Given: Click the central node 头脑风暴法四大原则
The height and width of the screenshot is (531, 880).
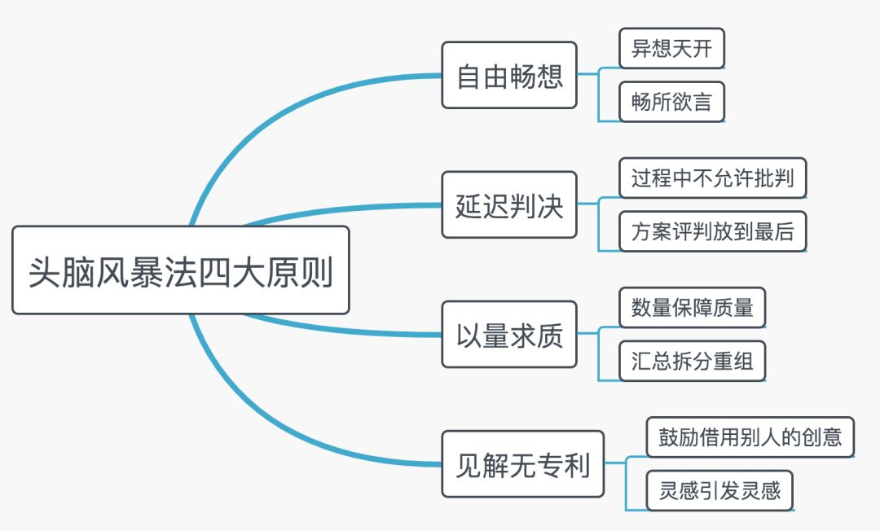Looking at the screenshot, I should click(180, 270).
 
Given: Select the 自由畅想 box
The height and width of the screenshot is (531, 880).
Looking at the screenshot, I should click(509, 76).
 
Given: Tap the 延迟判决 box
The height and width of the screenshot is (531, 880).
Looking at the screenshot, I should click(509, 205).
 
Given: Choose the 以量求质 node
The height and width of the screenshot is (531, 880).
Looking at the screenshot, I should click(509, 335).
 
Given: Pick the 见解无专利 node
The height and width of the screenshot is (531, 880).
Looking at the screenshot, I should click(522, 465).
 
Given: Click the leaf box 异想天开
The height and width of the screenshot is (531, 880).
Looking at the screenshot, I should click(671, 50).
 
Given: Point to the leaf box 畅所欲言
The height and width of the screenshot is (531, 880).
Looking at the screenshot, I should click(671, 102).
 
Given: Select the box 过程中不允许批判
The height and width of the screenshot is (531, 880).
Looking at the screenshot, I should click(712, 178).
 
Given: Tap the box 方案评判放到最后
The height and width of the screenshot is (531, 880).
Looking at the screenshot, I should click(712, 231).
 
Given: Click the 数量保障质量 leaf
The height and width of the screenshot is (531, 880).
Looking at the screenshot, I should click(692, 308).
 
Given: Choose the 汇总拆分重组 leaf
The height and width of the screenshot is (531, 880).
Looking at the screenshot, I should click(692, 361).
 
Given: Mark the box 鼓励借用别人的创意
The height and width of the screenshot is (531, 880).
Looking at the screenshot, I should click(750, 437).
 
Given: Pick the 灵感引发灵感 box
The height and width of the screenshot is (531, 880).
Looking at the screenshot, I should click(719, 491).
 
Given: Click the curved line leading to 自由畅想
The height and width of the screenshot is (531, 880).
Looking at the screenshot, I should click(269, 114).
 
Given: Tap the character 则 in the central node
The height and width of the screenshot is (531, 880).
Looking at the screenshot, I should click(319, 271).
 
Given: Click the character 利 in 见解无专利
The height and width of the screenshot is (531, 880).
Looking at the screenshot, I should click(576, 465).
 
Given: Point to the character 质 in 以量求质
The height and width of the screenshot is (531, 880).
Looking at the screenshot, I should click(550, 335).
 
